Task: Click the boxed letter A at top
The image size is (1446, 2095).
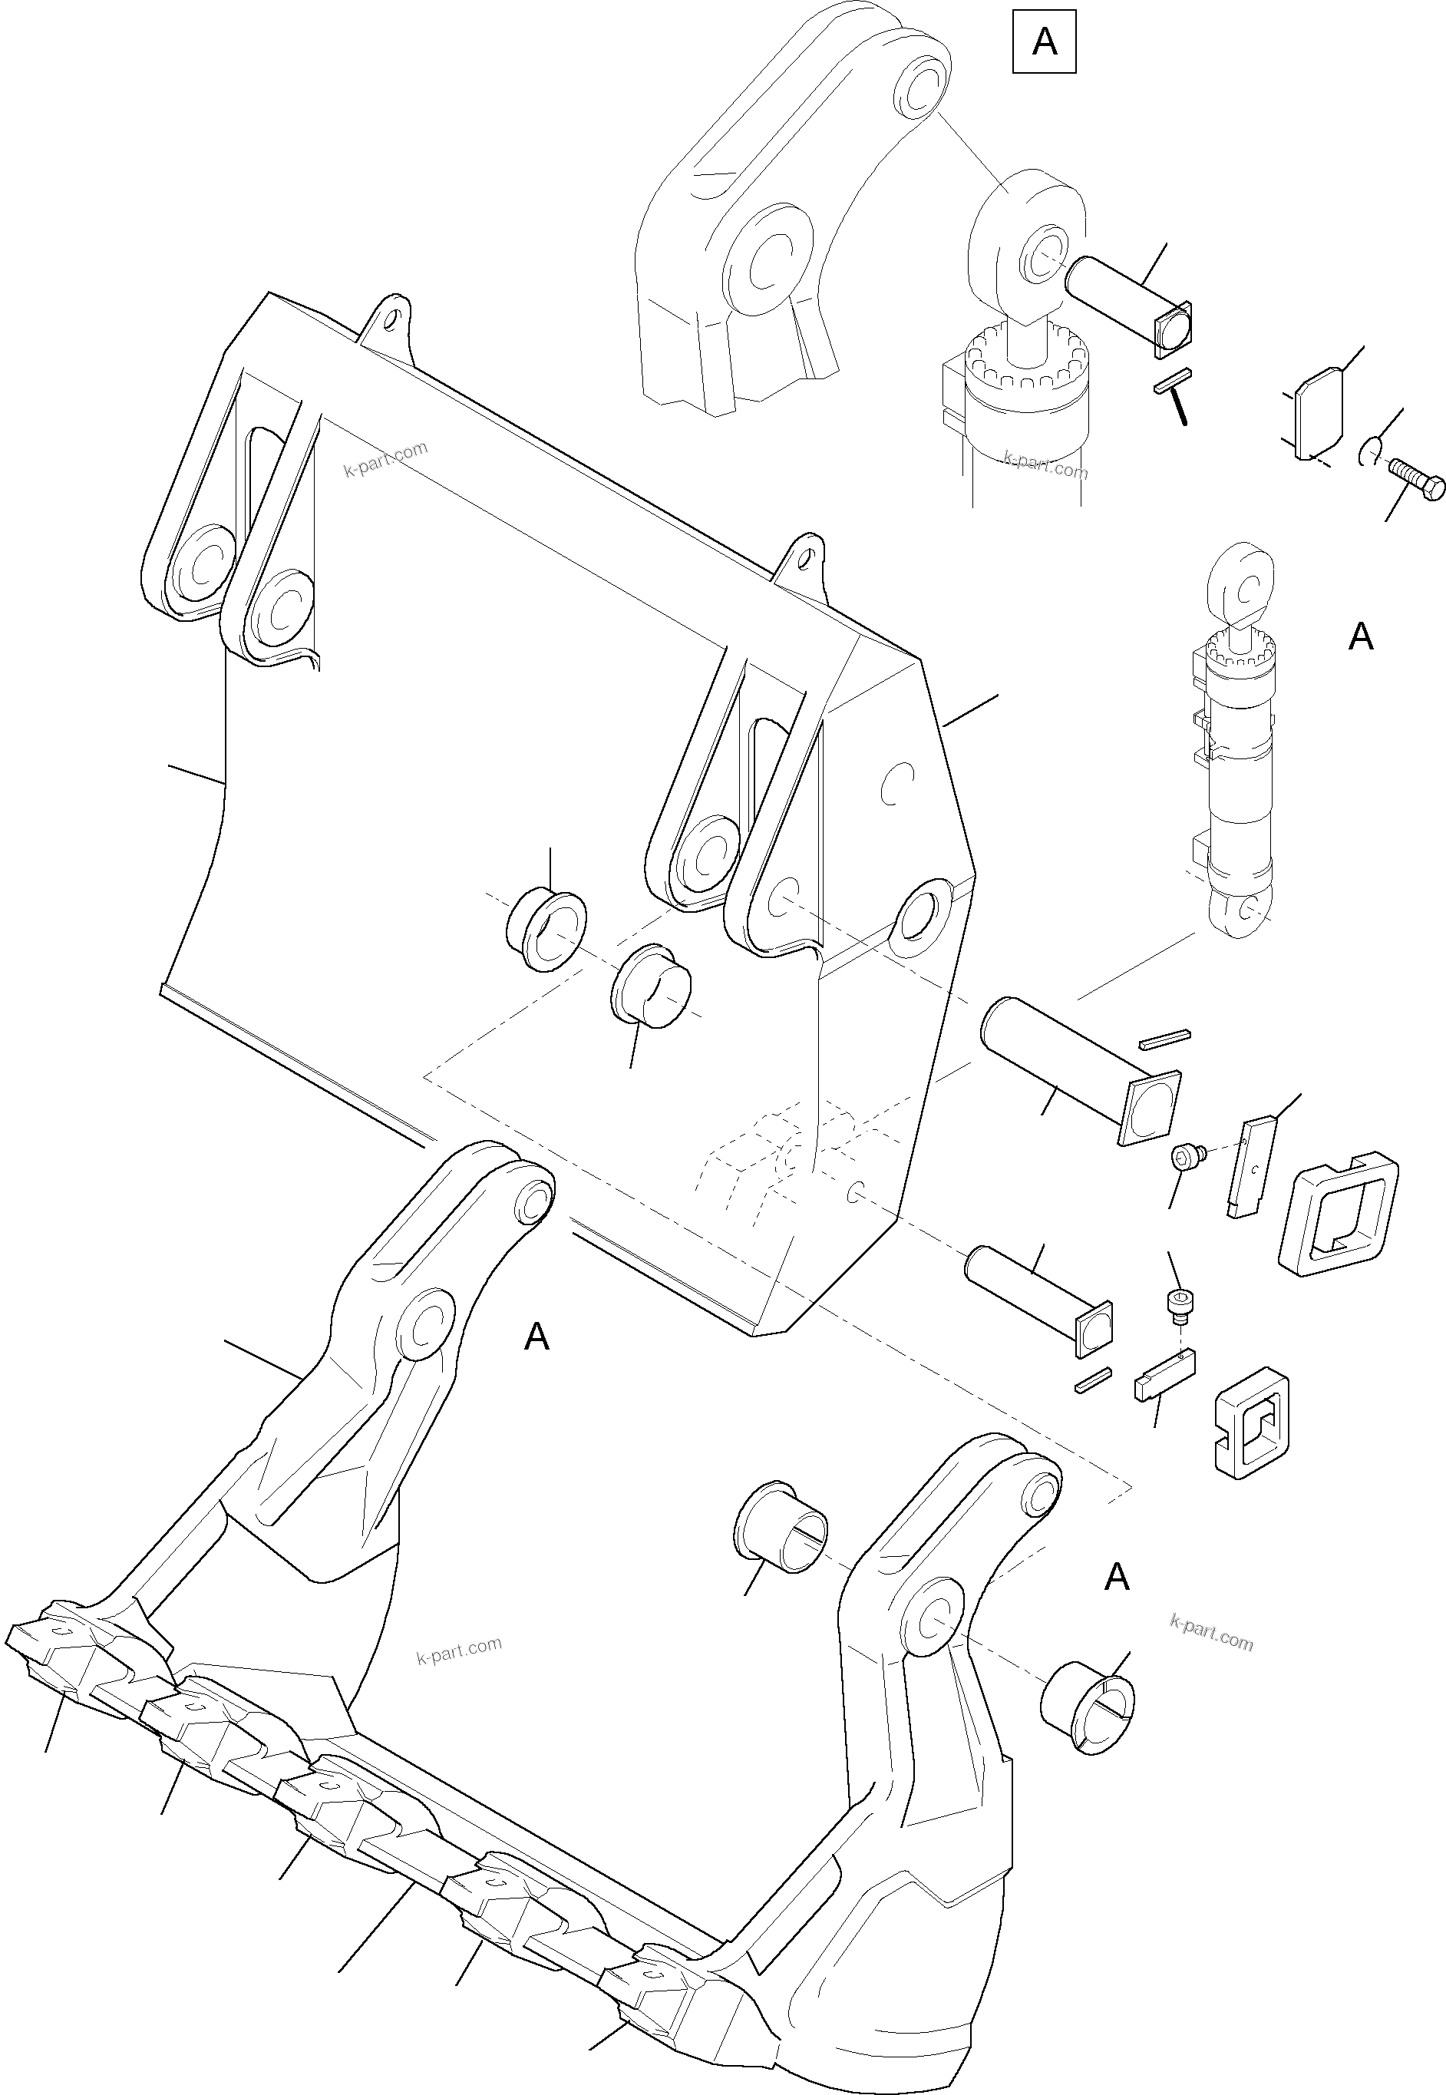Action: [x=1044, y=41]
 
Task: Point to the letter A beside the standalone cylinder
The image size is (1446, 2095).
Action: [x=1360, y=637]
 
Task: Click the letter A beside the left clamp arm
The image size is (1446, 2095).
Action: [x=536, y=1337]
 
